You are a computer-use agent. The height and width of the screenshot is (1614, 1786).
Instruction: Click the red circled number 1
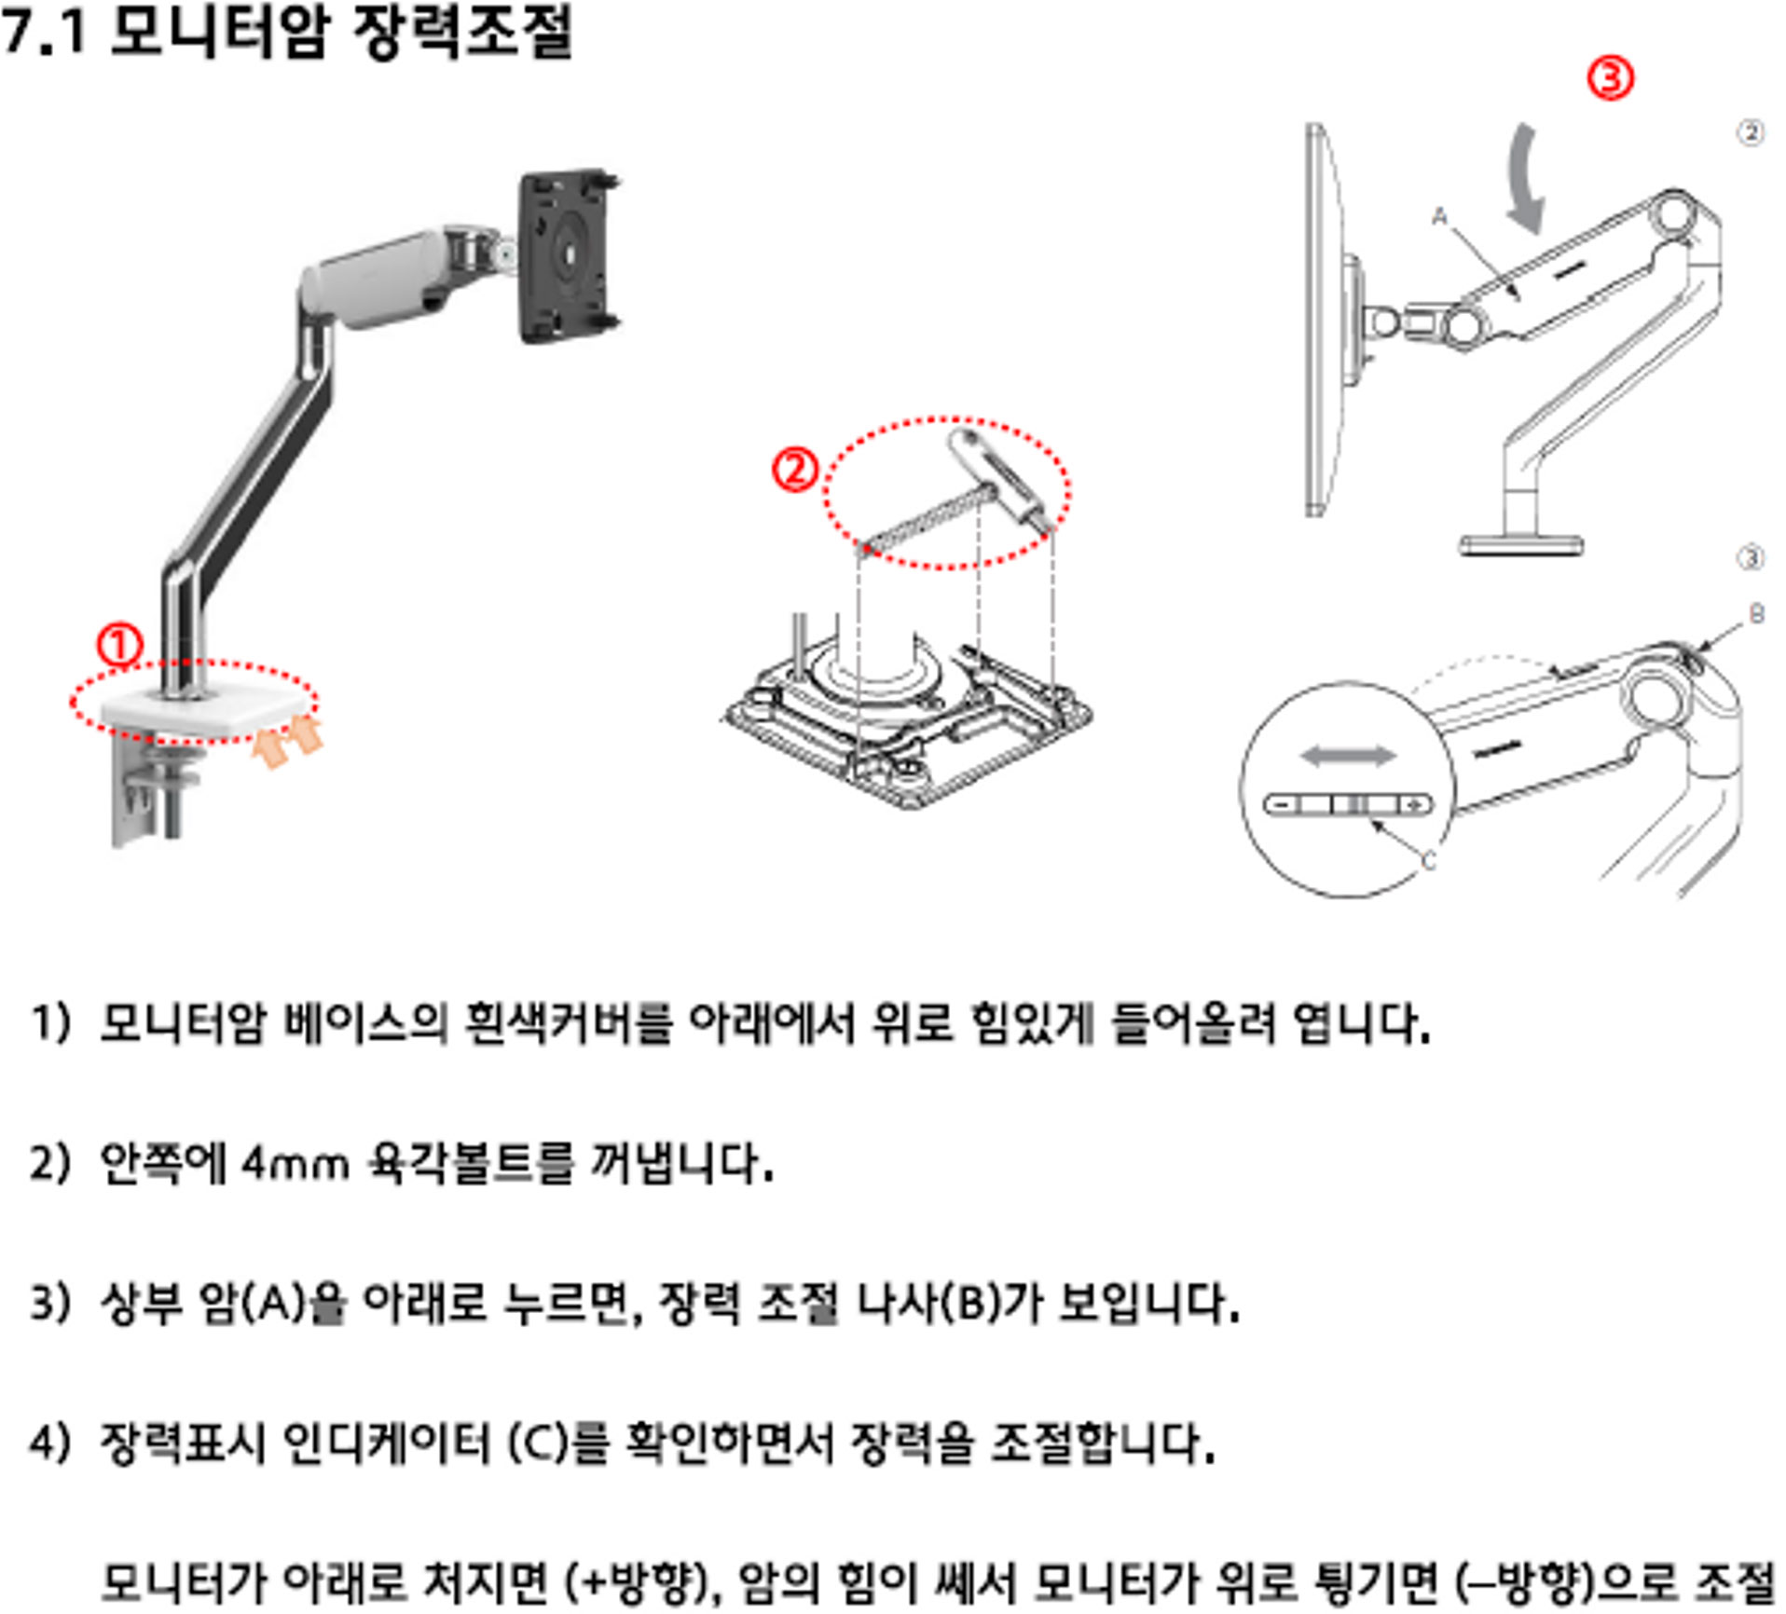click(x=119, y=646)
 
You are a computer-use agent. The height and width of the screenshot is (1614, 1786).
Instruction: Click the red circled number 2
click(x=794, y=471)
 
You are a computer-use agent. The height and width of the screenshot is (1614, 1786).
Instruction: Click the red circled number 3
click(x=1610, y=77)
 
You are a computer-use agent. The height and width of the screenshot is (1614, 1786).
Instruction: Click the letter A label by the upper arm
click(x=1439, y=217)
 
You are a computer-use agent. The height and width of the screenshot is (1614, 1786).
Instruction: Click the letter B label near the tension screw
click(x=1756, y=614)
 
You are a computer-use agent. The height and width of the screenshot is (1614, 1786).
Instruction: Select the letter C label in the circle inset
click(x=1428, y=862)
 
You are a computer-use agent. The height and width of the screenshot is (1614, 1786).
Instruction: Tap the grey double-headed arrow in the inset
click(x=1348, y=756)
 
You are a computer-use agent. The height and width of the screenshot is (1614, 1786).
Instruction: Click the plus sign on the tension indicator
click(x=1416, y=804)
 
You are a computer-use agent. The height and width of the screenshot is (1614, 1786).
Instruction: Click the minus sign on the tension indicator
click(x=1283, y=804)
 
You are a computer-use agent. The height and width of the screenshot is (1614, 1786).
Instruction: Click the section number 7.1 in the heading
click(x=44, y=31)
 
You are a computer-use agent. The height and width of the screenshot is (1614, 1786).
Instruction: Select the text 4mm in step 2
click(x=294, y=1164)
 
